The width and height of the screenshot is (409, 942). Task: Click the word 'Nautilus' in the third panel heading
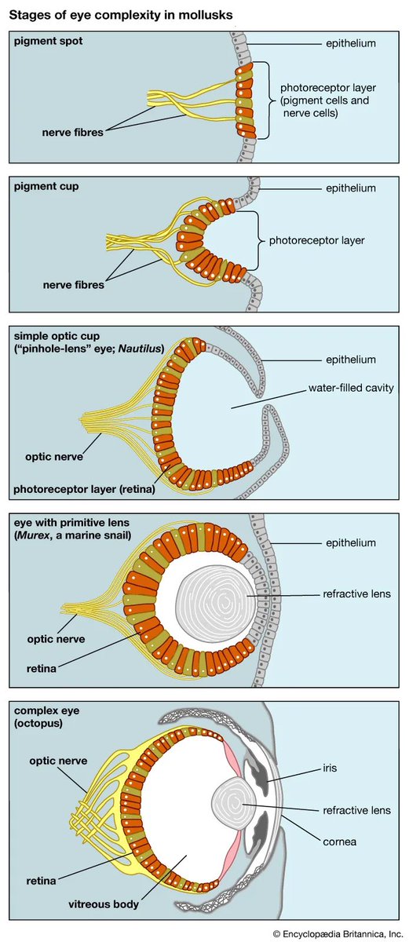pyautogui.click(x=139, y=349)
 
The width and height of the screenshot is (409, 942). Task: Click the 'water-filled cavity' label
pyautogui.click(x=345, y=388)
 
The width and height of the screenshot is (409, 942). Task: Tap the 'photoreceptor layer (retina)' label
pyautogui.click(x=84, y=489)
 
